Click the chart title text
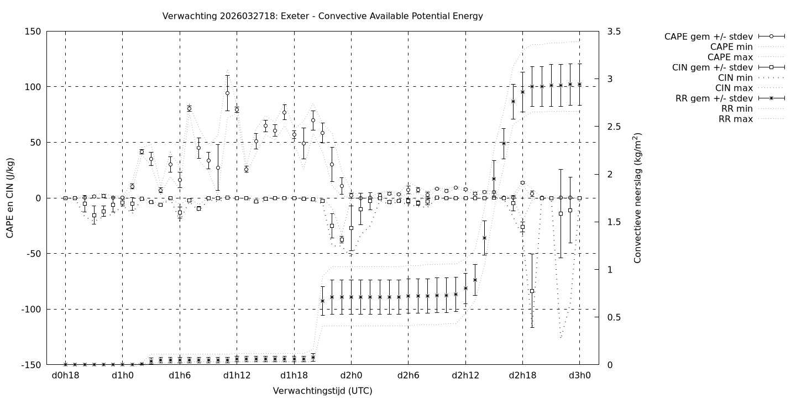pos(322,16)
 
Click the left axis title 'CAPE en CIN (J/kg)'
pos(10,198)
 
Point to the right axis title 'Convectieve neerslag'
pos(637,198)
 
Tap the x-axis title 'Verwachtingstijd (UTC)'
pos(322,391)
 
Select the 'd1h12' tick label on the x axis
pos(237,375)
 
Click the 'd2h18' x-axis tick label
pos(522,375)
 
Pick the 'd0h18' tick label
pos(65,375)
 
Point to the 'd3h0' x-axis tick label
pos(579,375)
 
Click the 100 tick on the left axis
pos(32,87)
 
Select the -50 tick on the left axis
pos(32,254)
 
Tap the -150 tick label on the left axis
pos(30,365)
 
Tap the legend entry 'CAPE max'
pos(731,57)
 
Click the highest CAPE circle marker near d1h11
pos(227,93)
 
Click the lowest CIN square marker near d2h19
pos(532,291)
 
